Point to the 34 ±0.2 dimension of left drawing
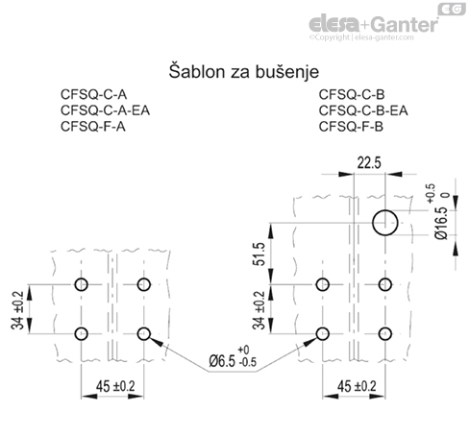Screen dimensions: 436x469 pos(18,308)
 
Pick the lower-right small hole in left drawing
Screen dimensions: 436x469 pos(145,333)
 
